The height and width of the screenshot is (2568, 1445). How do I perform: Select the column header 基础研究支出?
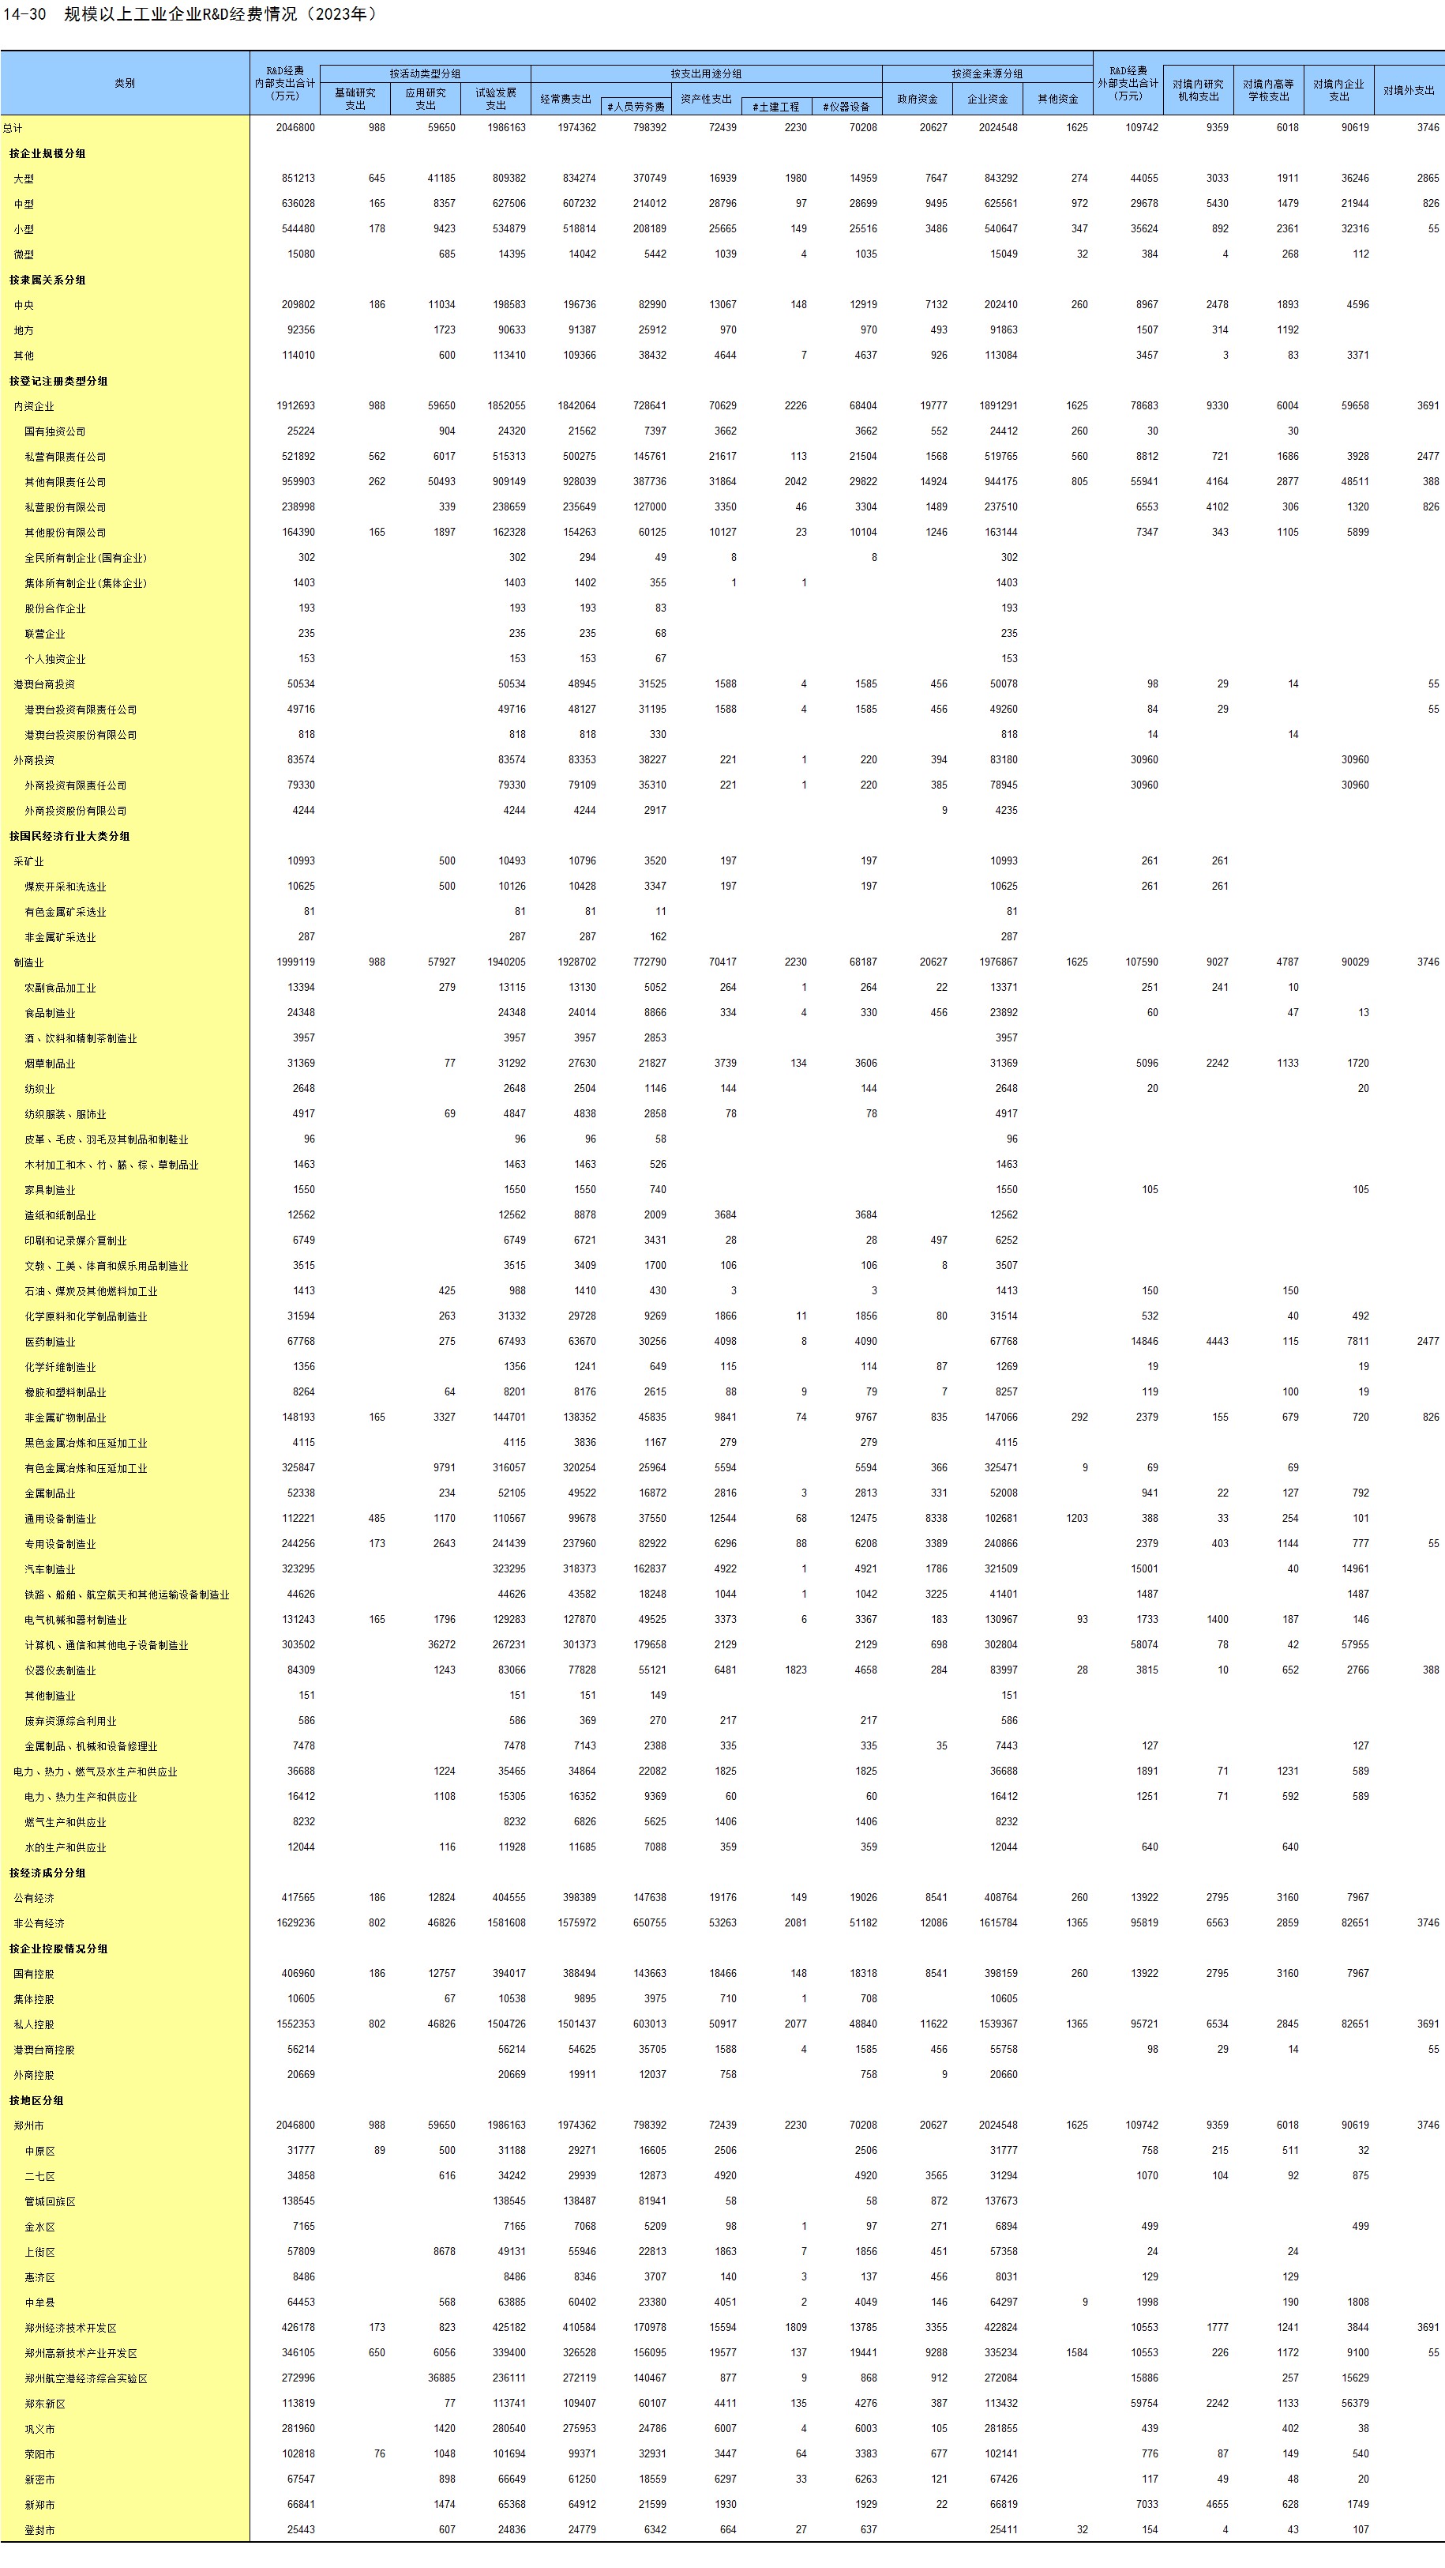[355, 99]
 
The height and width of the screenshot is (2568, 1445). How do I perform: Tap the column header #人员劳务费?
[636, 107]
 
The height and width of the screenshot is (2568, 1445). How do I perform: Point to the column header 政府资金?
[917, 99]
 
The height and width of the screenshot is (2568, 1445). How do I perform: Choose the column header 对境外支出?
[1408, 91]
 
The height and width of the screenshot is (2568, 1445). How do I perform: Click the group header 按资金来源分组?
[986, 73]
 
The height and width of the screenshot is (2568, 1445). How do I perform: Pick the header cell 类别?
[125, 84]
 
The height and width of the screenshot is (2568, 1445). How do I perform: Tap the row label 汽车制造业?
[50, 1570]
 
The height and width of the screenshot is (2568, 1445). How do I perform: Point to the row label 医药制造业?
[50, 1342]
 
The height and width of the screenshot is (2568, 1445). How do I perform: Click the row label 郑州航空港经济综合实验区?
[86, 2378]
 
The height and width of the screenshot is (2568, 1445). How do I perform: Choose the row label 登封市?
[39, 2530]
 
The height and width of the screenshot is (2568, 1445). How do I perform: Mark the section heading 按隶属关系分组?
[48, 281]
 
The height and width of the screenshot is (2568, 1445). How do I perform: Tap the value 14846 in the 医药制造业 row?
[1144, 1342]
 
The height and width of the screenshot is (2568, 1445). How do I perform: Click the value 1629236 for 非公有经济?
[295, 1923]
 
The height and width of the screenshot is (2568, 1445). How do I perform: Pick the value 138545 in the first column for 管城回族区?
[298, 2201]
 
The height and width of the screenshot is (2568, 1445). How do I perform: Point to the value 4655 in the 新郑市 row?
[1217, 2504]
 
